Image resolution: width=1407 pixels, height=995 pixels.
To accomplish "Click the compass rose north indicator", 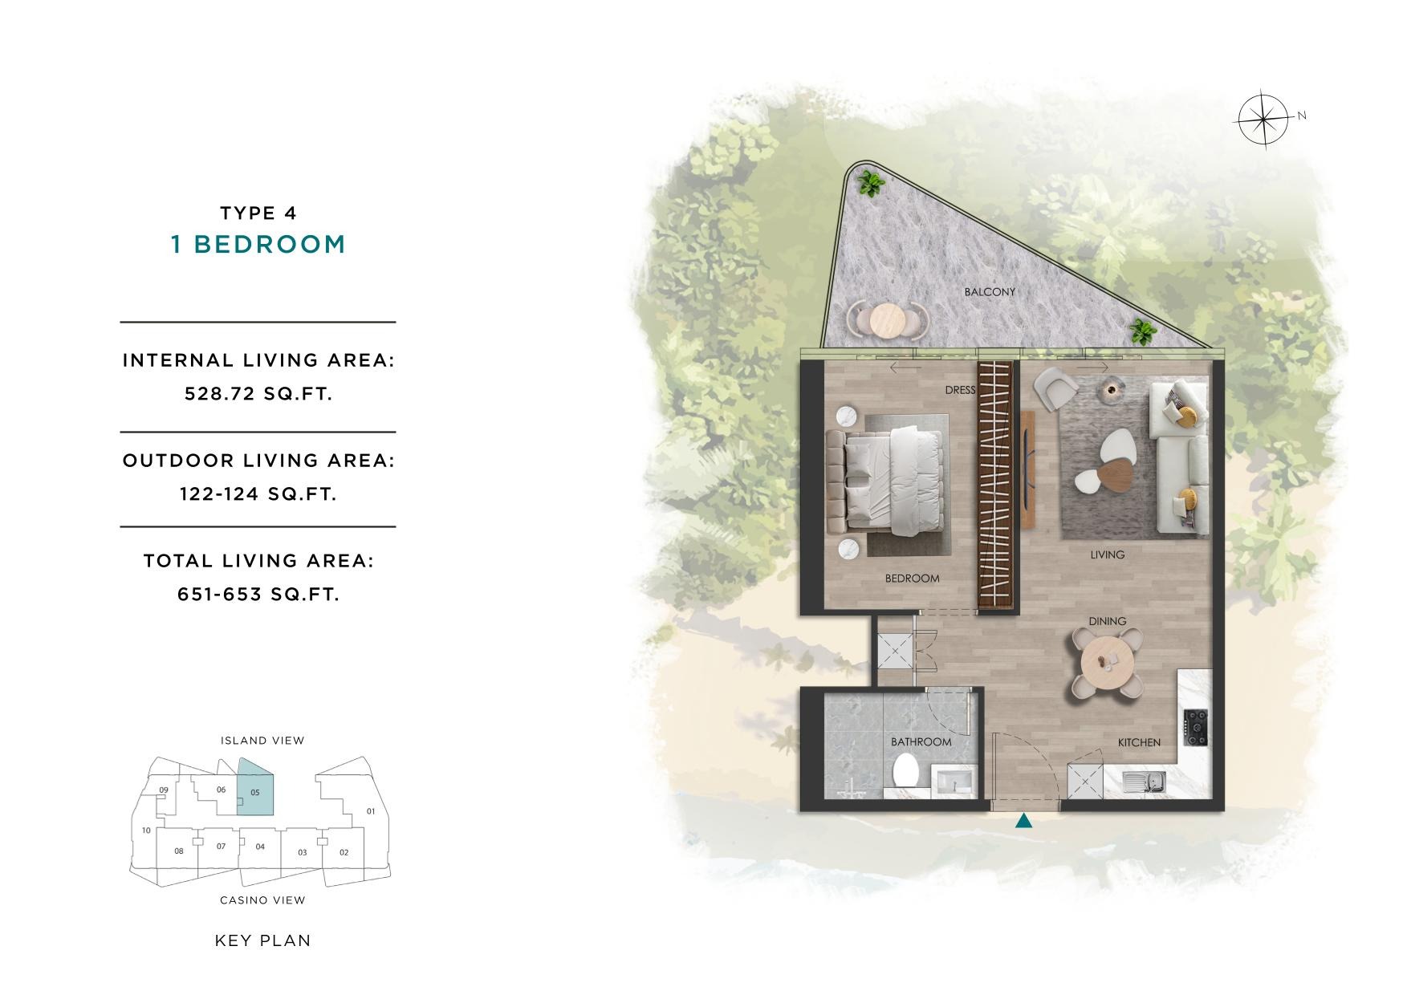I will pos(1263,120).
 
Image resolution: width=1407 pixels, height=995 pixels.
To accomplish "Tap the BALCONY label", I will pos(990,292).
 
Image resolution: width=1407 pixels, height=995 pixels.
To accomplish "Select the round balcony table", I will pos(887,320).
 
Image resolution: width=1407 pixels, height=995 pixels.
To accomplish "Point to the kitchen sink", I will pos(1145,781).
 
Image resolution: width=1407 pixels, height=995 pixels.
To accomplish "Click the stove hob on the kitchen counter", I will pos(1197,727).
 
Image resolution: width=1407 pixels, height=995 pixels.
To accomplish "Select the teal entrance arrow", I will pos(1023,821).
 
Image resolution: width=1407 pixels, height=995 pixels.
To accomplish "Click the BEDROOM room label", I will pos(912,579).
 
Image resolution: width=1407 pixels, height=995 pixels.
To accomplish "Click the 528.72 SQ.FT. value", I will pos(258,394).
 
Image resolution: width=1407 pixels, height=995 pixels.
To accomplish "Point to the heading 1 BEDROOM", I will pos(258,245).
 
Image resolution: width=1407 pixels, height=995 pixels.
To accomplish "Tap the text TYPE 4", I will pos(258,213).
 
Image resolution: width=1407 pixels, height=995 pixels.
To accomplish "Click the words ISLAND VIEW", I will pos(262,741).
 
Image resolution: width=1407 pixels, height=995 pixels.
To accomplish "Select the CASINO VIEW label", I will pos(262,900).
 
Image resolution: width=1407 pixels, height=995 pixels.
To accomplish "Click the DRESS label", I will pos(960,390).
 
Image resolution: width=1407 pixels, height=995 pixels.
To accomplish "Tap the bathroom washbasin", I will pos(954,780).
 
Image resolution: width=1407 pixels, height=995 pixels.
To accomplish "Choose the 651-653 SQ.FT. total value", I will pos(258,595).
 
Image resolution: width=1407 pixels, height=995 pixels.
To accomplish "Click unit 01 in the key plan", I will pos(371,811).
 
